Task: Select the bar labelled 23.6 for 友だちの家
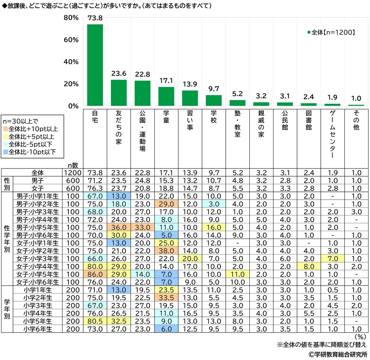tap(119, 93)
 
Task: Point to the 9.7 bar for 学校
tap(213, 100)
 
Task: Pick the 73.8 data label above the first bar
tap(95, 18)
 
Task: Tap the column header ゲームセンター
tap(332, 135)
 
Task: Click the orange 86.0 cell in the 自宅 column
tap(95, 275)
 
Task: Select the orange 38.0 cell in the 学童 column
tap(166, 251)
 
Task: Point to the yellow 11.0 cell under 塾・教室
tap(237, 275)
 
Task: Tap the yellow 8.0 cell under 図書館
tap(309, 267)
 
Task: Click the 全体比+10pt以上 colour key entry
tap(33, 129)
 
